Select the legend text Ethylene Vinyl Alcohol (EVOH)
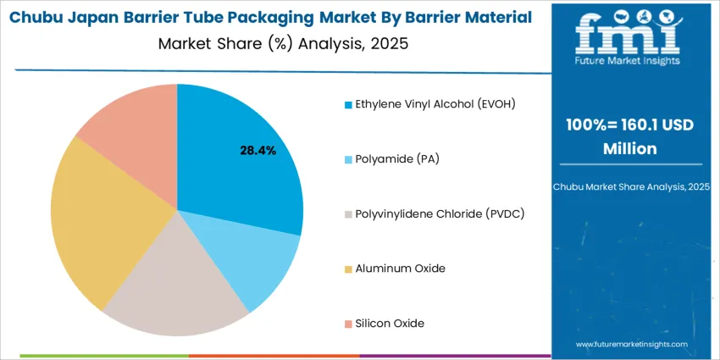coord(435,104)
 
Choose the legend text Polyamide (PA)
coord(397,158)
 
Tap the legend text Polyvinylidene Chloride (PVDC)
coord(440,213)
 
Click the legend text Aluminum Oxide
coord(401,269)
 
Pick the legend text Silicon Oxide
coord(390,323)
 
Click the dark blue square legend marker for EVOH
coord(347,105)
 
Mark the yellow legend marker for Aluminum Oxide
coord(347,269)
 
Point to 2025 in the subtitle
coord(389,44)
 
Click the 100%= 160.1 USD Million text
coord(630,136)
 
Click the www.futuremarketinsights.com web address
coord(630,345)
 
